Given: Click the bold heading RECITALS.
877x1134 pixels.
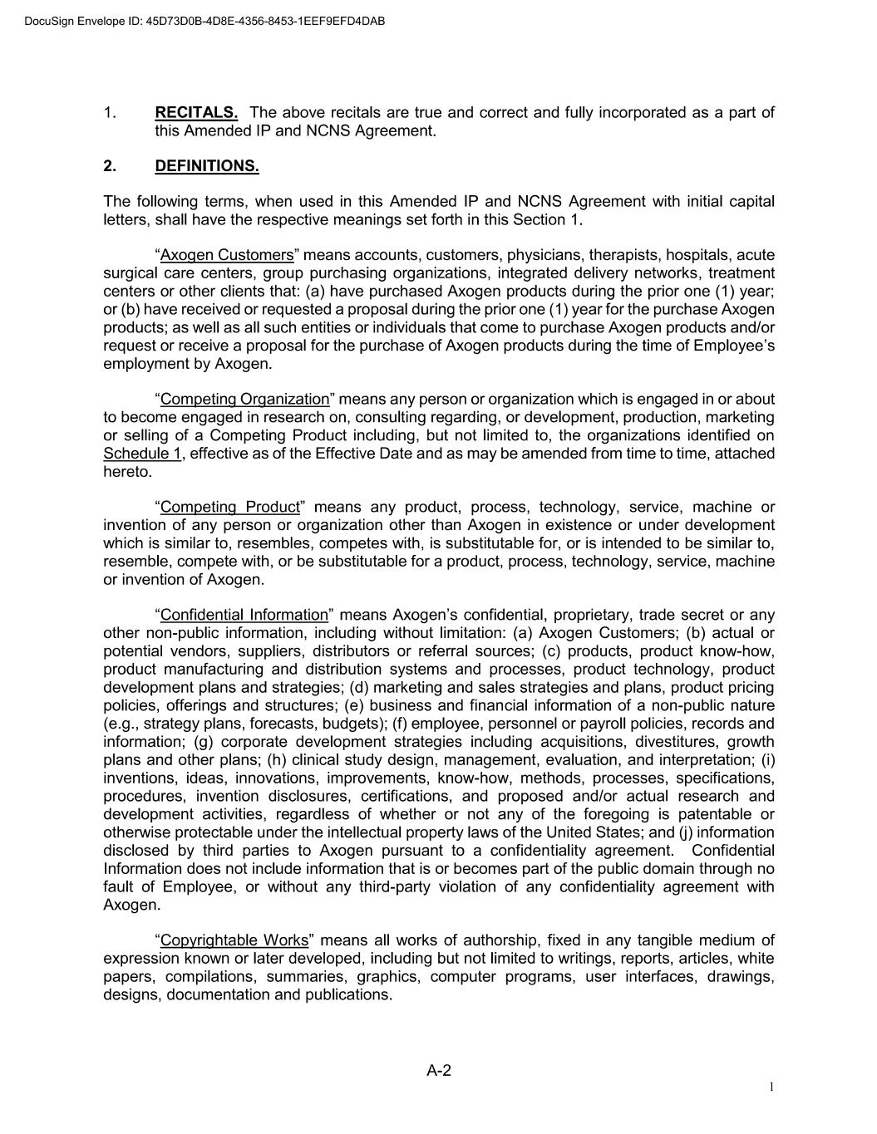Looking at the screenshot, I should click(196, 112).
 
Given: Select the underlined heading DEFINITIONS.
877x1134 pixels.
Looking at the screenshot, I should click(207, 166).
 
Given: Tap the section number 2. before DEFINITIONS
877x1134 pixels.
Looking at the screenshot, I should click(110, 166).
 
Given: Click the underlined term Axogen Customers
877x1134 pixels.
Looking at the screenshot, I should click(227, 255).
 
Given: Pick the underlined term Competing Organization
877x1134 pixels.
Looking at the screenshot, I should click(244, 400).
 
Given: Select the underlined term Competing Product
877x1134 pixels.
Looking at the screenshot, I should click(229, 508).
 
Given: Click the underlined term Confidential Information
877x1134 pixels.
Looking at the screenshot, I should click(244, 616).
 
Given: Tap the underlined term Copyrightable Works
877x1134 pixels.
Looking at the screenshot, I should click(234, 940).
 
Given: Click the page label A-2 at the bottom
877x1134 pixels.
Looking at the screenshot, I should click(439, 1071).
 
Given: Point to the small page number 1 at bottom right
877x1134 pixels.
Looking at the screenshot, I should click(771, 1087).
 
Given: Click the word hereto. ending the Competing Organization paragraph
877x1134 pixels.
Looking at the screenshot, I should click(128, 472).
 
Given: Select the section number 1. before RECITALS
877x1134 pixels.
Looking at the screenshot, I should click(110, 112).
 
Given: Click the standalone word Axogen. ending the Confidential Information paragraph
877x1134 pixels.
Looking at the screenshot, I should click(131, 905).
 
